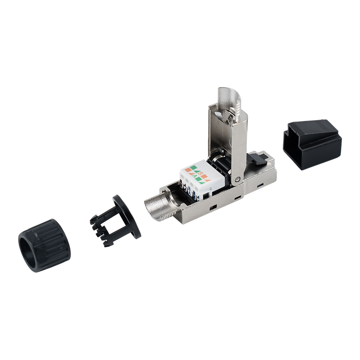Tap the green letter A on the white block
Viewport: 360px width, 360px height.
coord(196,177)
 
